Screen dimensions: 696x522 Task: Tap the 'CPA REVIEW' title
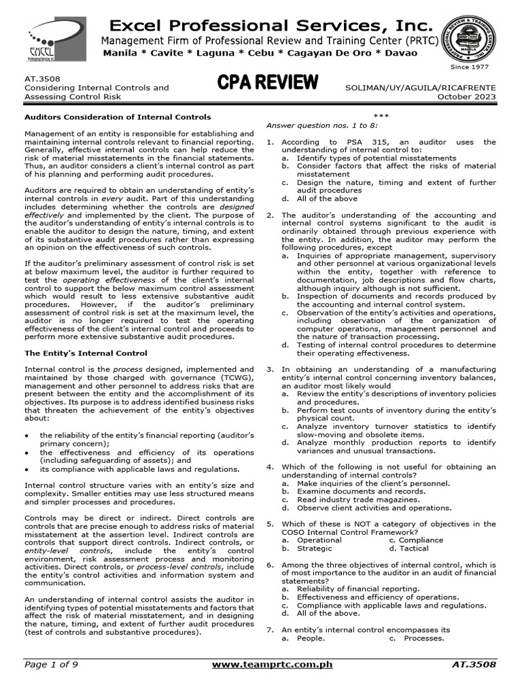(268, 83)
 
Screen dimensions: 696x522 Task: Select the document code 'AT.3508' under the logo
(40, 79)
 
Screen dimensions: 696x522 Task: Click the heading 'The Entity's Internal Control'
(86, 353)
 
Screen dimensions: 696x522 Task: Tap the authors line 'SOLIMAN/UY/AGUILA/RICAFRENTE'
(421, 88)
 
